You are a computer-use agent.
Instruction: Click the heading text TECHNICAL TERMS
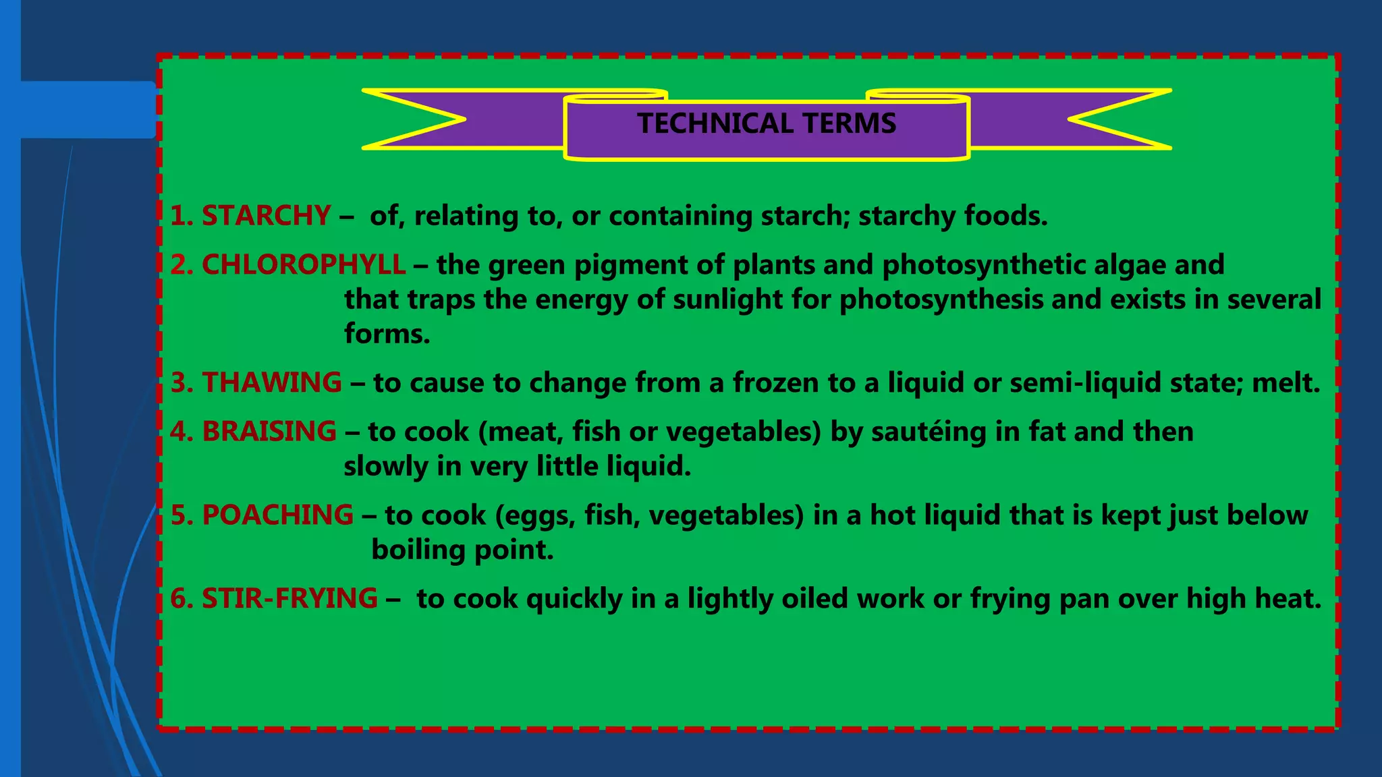pos(767,123)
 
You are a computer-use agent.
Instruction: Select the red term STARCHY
pos(266,216)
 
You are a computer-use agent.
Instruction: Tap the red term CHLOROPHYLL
pos(304,265)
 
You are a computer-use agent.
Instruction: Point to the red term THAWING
pos(272,382)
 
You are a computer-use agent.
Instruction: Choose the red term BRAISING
pos(269,432)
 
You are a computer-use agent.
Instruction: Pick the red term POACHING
pos(277,515)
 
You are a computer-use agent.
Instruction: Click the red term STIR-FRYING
pos(289,599)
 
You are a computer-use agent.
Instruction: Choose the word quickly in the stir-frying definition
pos(574,599)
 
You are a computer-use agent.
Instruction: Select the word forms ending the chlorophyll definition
pos(386,334)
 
